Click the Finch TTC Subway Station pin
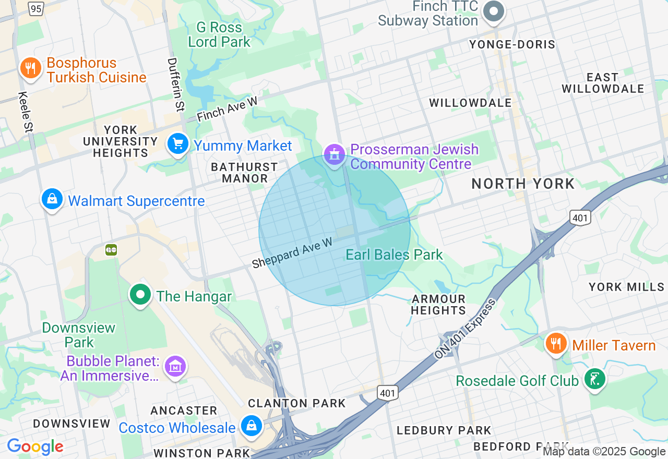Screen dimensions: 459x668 [493, 11]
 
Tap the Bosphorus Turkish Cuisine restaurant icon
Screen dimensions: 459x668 [31, 68]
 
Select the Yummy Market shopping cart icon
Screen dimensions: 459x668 [178, 143]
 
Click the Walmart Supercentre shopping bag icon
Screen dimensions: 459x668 [52, 199]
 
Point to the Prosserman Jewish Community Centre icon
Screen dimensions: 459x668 [334, 154]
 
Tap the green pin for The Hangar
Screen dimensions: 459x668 [140, 295]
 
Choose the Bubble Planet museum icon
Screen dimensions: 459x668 [175, 366]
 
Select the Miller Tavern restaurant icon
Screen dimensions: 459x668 [557, 344]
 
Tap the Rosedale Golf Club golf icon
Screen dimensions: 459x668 [594, 379]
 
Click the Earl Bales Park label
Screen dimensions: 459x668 [394, 255]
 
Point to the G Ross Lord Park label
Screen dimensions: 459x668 [219, 34]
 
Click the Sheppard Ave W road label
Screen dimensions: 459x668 [292, 253]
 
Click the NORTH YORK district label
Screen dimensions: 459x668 [523, 184]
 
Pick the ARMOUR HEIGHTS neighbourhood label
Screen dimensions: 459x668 [438, 305]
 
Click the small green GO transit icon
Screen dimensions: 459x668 [111, 250]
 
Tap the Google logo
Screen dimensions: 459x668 [35, 446]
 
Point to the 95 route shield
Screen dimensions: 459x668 [35, 8]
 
